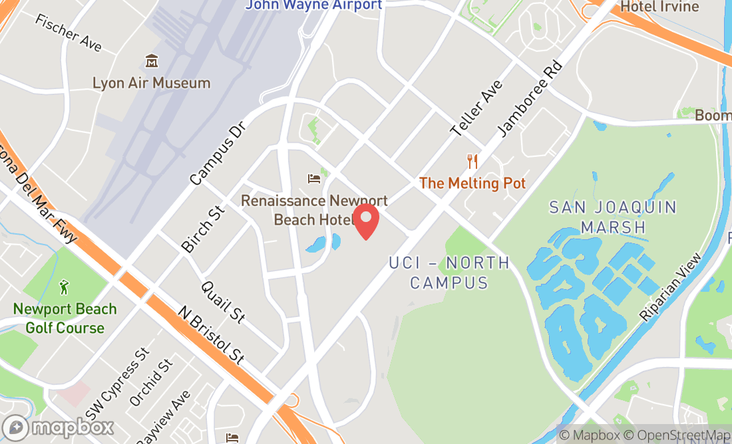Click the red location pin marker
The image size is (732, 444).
tap(365, 221)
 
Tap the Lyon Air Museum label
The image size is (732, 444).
tap(152, 83)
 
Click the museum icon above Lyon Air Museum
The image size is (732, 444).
tap(152, 62)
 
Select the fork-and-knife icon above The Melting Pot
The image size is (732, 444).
tap(472, 161)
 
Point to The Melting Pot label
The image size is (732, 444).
tap(472, 183)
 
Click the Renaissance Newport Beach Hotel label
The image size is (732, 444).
tap(314, 209)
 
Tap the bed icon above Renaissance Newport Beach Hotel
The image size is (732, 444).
tap(313, 178)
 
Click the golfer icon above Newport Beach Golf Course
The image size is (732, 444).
tap(64, 287)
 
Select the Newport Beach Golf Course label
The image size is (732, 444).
tap(65, 318)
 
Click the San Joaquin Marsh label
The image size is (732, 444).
tap(613, 217)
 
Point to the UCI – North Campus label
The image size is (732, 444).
tap(449, 273)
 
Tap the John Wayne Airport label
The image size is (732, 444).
tap(314, 5)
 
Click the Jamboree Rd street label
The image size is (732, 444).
tap(530, 100)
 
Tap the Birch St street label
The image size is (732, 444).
tap(203, 229)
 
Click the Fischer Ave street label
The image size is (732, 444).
tap(69, 33)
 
